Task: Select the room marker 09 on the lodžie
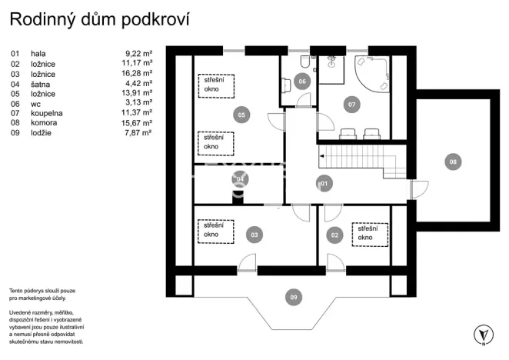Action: (x=291, y=296)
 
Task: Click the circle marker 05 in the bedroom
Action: (x=241, y=115)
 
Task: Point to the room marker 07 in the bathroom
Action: (x=351, y=104)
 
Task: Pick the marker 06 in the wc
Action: (x=302, y=81)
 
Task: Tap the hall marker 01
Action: (x=324, y=183)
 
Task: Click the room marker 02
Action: (x=334, y=235)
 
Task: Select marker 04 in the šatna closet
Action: (x=240, y=179)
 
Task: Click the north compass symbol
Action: (x=482, y=335)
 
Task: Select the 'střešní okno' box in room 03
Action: (x=216, y=230)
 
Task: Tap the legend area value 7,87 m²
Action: (x=139, y=133)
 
